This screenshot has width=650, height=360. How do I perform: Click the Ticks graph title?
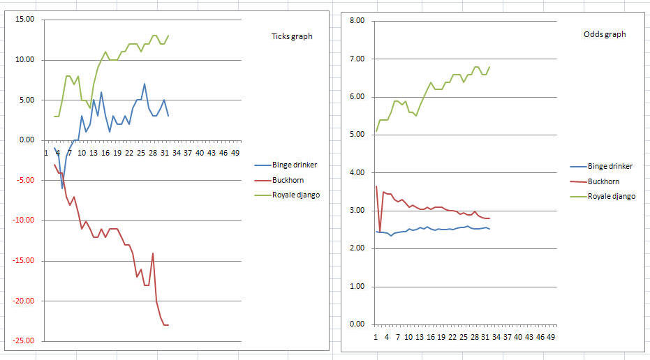[291, 36]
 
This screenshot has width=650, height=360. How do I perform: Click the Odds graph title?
[605, 34]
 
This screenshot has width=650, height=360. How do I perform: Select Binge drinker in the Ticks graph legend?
[295, 165]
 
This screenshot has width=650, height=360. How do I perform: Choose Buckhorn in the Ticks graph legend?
[288, 180]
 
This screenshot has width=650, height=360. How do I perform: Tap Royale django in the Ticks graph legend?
[296, 195]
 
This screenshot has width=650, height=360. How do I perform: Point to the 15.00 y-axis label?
[24, 20]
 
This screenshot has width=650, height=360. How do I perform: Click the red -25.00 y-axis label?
[23, 341]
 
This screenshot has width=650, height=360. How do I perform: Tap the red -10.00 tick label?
[23, 220]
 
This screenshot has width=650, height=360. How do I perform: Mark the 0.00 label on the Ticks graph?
[27, 140]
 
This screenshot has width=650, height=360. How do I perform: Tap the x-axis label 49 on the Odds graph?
[551, 337]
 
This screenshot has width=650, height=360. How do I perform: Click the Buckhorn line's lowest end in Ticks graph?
[168, 325]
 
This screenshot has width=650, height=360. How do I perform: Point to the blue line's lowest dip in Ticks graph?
[62, 188]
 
